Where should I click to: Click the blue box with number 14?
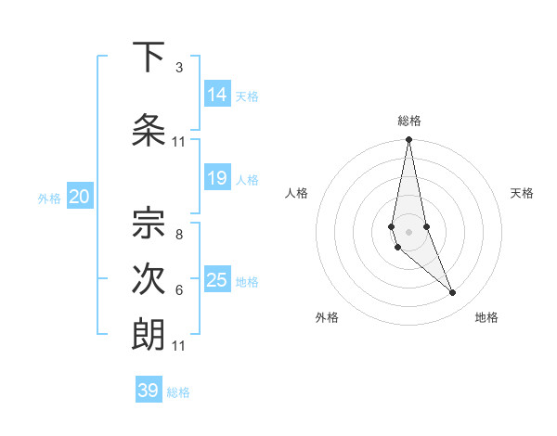coord(216,95)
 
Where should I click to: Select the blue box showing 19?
coord(216,178)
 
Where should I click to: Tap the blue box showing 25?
coord(216,280)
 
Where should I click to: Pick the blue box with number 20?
coord(79,196)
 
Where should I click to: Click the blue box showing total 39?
coord(149,391)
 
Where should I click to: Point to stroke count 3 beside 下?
coord(178,68)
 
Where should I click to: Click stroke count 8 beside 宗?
coord(178,234)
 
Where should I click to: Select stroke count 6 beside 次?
coord(178,290)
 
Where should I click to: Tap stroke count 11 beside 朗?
coord(178,346)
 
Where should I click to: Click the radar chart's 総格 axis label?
coord(409,121)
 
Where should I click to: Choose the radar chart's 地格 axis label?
coord(486,317)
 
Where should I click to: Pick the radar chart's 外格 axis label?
coord(327,317)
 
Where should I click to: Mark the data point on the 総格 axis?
coord(408,140)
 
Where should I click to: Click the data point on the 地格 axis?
coord(453,293)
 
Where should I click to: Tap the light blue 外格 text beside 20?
coord(49,198)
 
